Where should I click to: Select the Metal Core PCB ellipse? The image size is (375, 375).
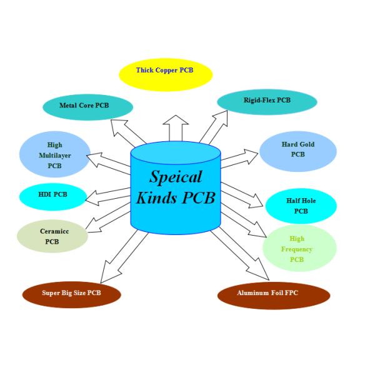point(87,107)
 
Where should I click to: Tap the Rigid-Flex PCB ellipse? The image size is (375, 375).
point(267,101)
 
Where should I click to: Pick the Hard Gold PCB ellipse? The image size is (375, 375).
point(298,151)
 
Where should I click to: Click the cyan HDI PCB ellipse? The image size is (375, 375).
point(52,196)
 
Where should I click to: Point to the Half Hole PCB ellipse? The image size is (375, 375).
point(301,206)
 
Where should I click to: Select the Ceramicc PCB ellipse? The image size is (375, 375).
point(52,236)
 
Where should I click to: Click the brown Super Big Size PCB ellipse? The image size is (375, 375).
point(71,293)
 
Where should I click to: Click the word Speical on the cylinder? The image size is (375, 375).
point(176,177)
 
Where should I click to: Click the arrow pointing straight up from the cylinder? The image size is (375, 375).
point(177,128)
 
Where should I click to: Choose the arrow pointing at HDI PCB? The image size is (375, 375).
point(106,196)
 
